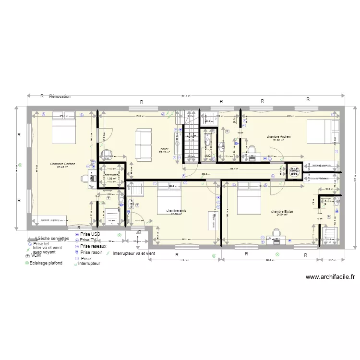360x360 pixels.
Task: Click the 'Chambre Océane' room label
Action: click(62, 164)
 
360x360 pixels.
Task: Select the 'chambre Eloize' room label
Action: click(281, 211)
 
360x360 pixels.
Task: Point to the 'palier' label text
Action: click(164, 149)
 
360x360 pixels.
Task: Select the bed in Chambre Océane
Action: click(63, 128)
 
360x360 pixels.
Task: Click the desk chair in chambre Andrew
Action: click(251, 150)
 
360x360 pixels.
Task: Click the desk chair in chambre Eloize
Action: click(276, 232)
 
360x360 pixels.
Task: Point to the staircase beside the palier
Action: click(191, 143)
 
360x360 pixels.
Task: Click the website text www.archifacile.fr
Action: click(330, 277)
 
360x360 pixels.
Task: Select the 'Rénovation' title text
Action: click(60, 96)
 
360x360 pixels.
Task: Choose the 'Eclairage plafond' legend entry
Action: click(46, 263)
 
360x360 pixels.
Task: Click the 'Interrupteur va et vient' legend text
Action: click(134, 253)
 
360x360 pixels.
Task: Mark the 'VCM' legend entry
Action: click(36, 256)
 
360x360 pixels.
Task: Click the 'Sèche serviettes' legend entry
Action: click(52, 238)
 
